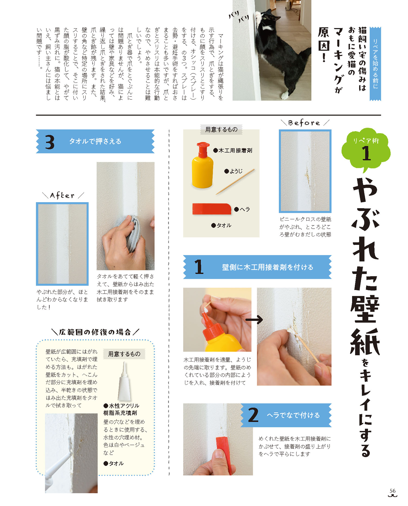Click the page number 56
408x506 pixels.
392,491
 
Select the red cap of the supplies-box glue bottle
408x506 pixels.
203,149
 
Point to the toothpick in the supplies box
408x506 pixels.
235,181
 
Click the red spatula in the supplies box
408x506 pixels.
212,209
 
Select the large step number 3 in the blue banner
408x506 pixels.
50,142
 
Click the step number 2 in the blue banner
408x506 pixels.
253,415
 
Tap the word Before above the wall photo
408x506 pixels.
304,123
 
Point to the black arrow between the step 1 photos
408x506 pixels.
254,320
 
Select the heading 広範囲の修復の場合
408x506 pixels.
95,332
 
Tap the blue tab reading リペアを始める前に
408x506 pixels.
375,64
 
